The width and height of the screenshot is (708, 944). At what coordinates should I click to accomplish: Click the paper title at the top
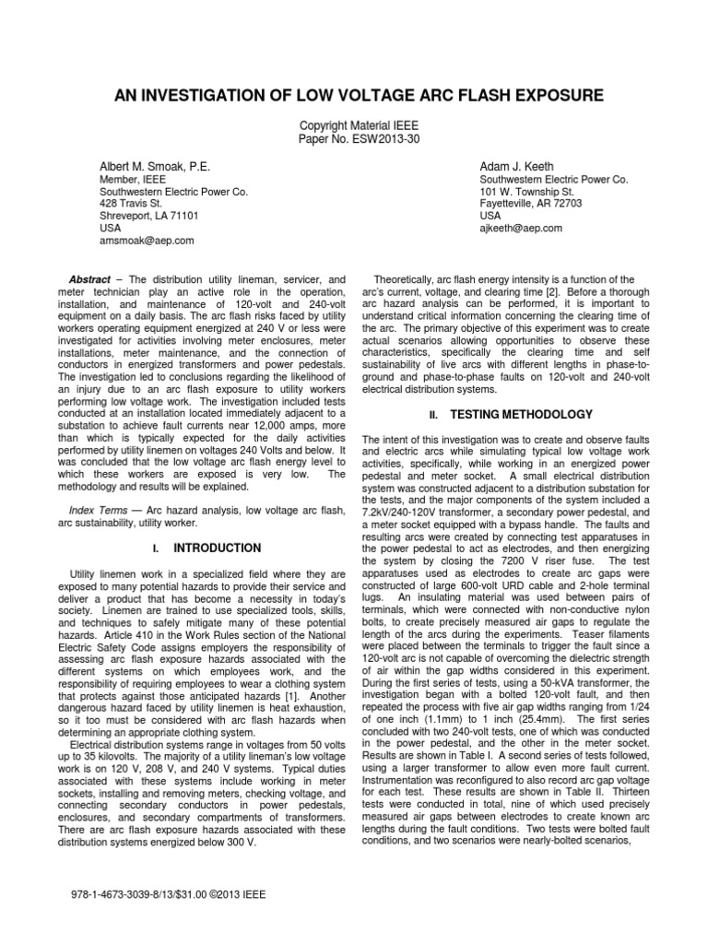[x=358, y=95]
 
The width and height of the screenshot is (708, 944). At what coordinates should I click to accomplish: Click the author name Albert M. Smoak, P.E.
[x=155, y=166]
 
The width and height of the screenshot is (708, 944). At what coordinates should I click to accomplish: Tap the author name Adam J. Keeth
[x=517, y=166]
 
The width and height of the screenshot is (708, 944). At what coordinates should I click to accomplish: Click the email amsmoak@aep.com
[x=147, y=240]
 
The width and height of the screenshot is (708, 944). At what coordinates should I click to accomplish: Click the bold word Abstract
[x=89, y=279]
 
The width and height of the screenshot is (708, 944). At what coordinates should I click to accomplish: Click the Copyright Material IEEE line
[x=357, y=124]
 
